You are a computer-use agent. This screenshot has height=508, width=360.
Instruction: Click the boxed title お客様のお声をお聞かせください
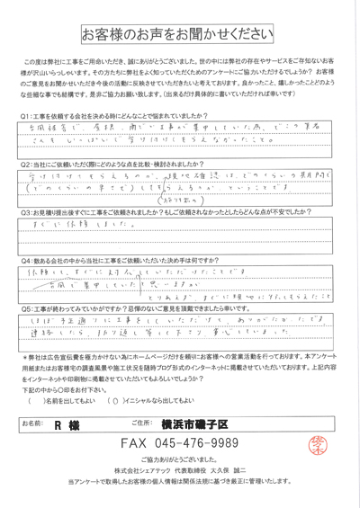[180, 34]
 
